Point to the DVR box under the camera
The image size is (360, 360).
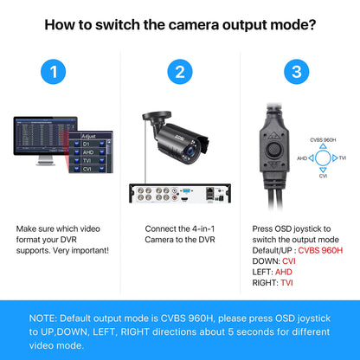click(179, 194)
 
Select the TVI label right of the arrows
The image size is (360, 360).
click(342, 158)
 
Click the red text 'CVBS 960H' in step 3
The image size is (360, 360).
click(320, 251)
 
